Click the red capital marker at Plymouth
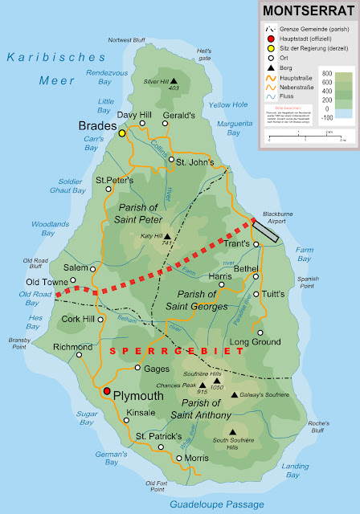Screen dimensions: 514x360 105,391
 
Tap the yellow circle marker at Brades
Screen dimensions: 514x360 122,134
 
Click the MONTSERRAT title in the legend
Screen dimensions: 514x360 307,11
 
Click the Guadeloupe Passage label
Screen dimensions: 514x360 216,504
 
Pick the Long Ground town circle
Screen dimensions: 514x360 259,331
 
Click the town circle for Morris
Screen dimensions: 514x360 179,458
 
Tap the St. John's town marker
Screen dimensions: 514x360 170,160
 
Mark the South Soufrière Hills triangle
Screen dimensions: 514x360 231,431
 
